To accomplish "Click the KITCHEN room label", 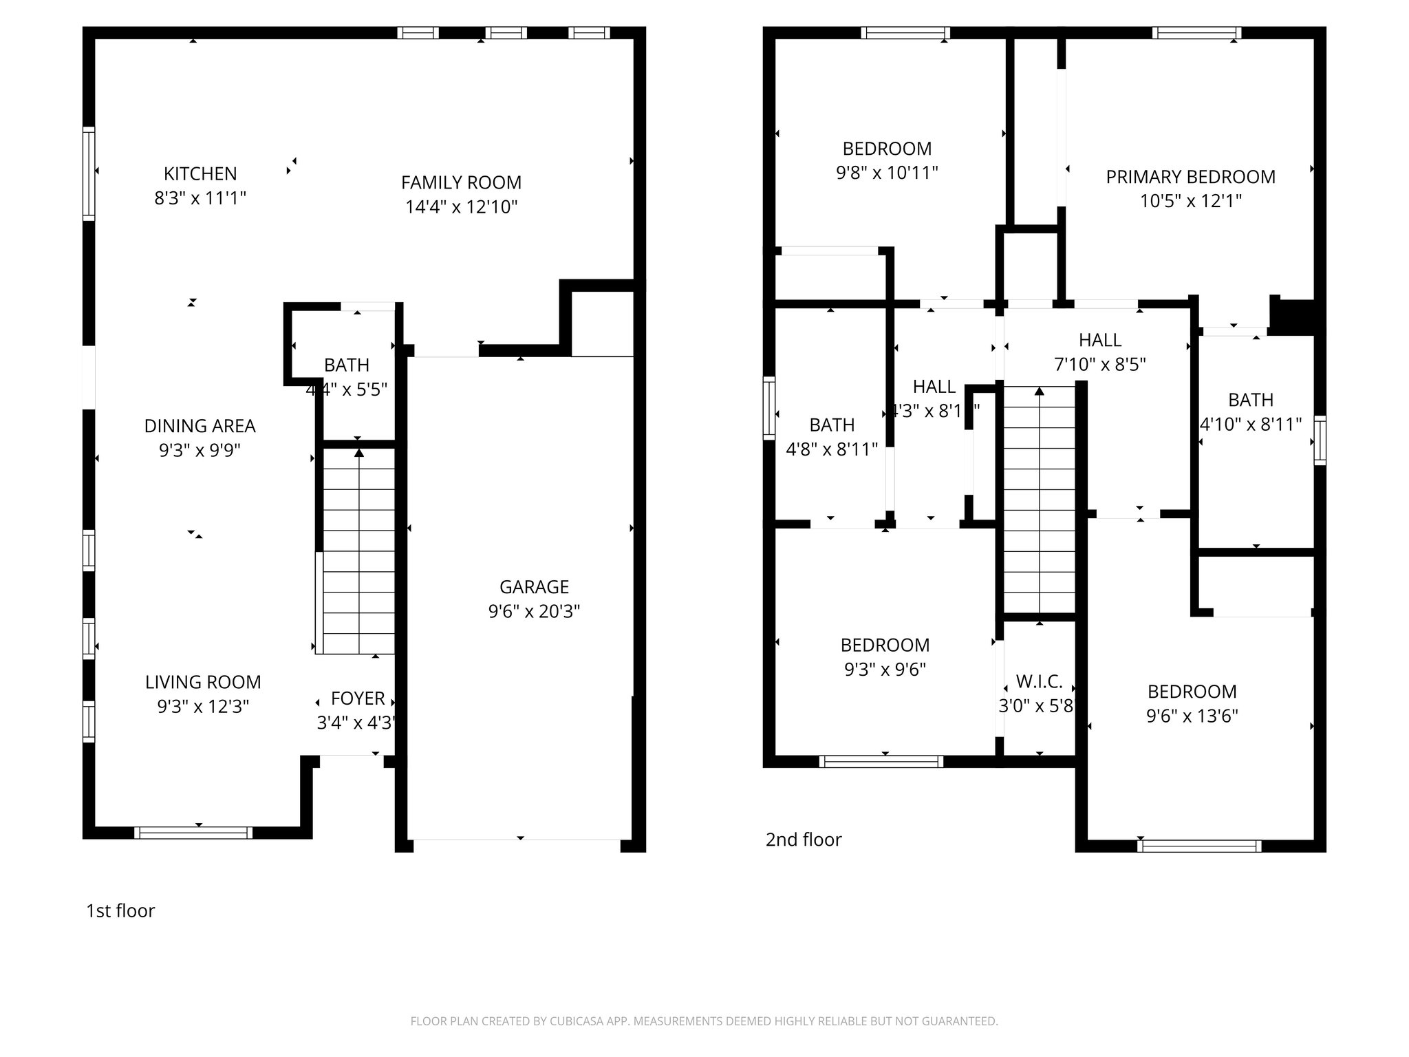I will click(200, 173).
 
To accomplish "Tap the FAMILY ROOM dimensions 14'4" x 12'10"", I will click(461, 207).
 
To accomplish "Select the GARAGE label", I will click(534, 587).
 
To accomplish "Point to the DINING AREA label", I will click(200, 426).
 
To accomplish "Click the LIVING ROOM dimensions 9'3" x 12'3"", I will click(203, 707).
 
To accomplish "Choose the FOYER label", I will click(358, 698).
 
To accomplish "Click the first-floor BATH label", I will click(347, 365).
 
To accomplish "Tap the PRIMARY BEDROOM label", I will click(1190, 177).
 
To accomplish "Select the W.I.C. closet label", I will click(1039, 682).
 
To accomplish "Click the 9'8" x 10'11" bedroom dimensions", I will click(887, 173).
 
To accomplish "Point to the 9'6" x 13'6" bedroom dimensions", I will click(1192, 716).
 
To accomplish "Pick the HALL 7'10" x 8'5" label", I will click(1099, 340).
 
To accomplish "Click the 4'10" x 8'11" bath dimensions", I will click(1250, 425).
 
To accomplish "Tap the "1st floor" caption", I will click(120, 910).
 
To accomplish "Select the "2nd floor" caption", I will click(804, 840).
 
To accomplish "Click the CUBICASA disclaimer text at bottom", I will click(704, 1022).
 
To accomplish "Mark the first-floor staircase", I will click(358, 551).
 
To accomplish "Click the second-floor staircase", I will click(1039, 499).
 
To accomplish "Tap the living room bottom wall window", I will click(194, 833).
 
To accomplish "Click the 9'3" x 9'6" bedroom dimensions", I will click(885, 670).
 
